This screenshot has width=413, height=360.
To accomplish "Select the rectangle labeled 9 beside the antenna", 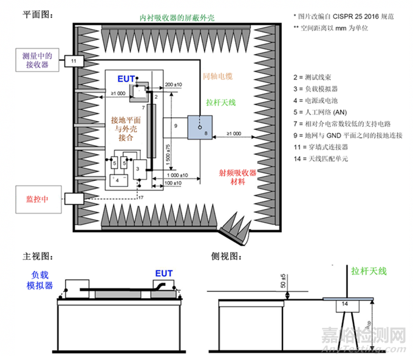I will (176, 126).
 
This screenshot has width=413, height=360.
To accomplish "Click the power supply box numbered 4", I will (118, 180).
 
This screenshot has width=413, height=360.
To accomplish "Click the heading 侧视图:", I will (228, 257).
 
